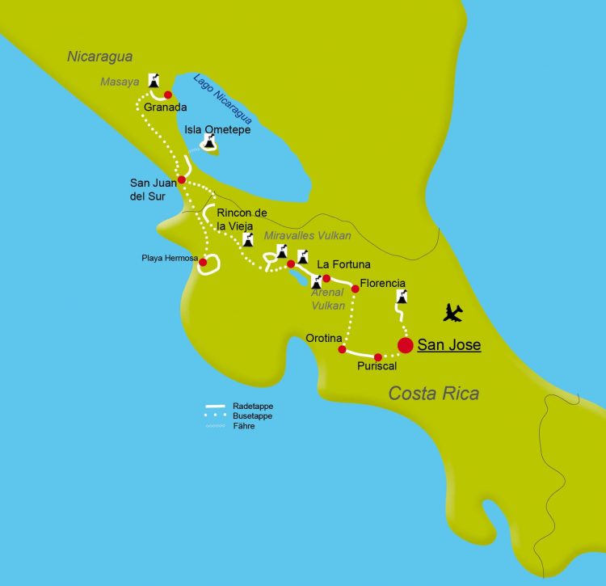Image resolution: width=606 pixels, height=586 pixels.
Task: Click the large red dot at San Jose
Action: (406, 345)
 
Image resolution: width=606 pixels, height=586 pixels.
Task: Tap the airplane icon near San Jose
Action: (454, 311)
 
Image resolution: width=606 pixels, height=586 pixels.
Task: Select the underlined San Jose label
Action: (448, 345)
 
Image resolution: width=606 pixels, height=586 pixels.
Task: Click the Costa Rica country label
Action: (433, 394)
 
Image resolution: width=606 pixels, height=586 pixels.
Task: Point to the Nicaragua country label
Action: (100, 57)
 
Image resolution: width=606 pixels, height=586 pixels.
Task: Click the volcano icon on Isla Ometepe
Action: (209, 142)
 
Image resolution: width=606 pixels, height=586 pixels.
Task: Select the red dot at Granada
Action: (169, 95)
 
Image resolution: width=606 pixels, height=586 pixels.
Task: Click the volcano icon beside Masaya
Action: (154, 81)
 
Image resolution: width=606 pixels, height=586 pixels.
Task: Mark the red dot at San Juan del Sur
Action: (182, 179)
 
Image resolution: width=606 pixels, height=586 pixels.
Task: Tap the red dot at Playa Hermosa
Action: (203, 262)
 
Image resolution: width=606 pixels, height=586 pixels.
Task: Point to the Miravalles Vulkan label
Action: (307, 235)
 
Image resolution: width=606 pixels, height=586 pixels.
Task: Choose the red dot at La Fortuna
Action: (326, 278)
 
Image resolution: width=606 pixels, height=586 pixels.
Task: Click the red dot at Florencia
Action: (355, 289)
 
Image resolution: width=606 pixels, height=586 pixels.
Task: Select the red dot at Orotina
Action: (342, 349)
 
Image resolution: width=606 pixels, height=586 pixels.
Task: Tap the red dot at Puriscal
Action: (377, 356)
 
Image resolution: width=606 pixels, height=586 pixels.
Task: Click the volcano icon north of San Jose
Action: (400, 297)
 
